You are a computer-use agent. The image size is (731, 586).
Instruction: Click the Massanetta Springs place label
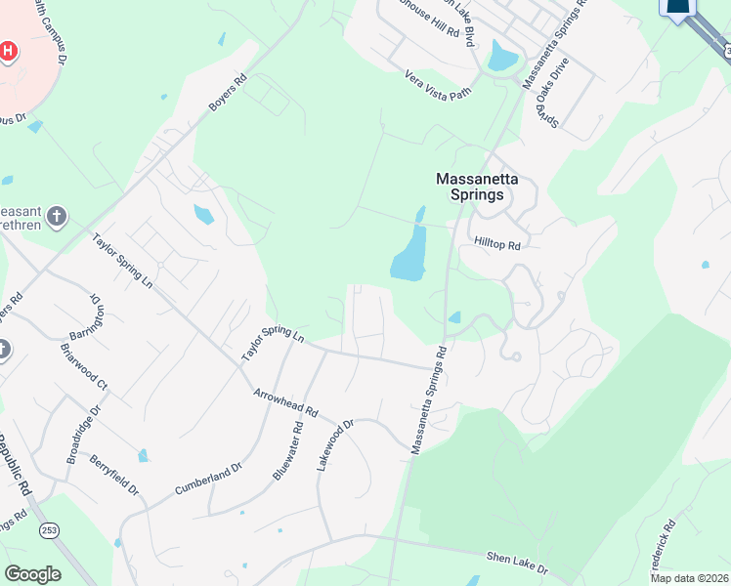(x=470, y=187)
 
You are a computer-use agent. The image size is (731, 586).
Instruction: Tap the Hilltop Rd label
(x=497, y=243)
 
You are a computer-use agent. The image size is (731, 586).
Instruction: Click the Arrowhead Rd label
(x=286, y=402)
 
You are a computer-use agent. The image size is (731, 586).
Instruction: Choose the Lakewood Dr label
(x=334, y=448)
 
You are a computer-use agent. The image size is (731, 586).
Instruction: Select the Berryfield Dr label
(x=113, y=474)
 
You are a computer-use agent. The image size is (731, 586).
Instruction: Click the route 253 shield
(x=47, y=529)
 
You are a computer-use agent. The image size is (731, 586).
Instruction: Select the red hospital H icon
(x=8, y=50)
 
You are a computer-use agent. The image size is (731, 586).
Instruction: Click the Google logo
(x=32, y=574)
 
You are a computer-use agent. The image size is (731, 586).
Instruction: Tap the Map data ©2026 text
(x=689, y=577)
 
